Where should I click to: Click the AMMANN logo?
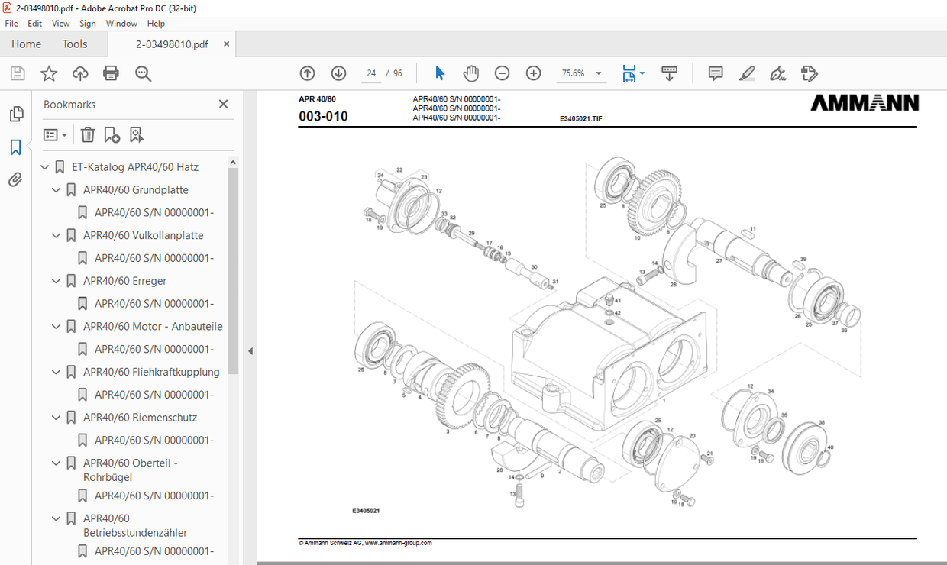[x=864, y=103]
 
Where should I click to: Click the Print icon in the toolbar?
[x=111, y=73]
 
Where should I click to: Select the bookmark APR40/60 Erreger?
[x=124, y=281]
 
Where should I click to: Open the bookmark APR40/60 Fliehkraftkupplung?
[x=151, y=372]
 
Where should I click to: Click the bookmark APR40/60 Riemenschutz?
[x=140, y=418]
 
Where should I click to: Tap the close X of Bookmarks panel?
[x=223, y=105]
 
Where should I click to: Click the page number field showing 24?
[x=371, y=73]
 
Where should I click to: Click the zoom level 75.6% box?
[x=574, y=73]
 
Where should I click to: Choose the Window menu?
[x=121, y=24]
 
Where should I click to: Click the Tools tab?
[x=75, y=44]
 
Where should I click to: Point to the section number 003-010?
[x=323, y=117]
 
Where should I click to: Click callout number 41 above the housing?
[x=618, y=301]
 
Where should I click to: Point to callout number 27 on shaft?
[x=719, y=261]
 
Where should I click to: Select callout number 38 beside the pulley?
[x=822, y=422]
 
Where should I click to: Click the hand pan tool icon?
[x=471, y=73]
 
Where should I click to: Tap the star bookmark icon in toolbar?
[x=49, y=73]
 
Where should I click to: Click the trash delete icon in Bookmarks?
[x=88, y=135]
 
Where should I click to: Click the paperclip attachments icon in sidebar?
[x=15, y=180]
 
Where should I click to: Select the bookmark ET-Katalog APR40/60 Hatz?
[x=135, y=167]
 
